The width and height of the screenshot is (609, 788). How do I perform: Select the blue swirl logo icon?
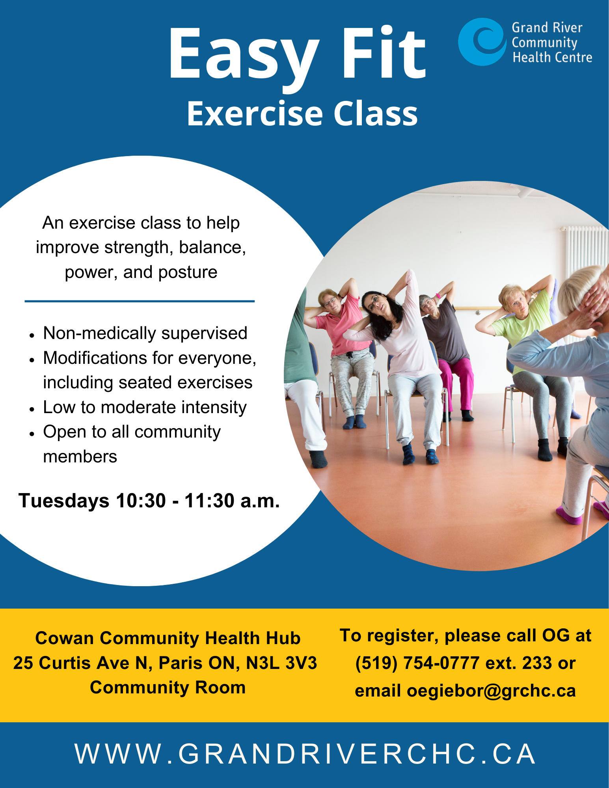[x=482, y=41]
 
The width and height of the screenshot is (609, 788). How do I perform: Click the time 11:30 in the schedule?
[x=209, y=501]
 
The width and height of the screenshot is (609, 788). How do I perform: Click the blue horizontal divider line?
[x=140, y=301]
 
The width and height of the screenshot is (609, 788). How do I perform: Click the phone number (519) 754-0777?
[x=417, y=663]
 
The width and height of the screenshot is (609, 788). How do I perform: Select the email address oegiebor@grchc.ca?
[x=491, y=691]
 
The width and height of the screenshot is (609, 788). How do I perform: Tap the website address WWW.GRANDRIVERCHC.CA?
[x=305, y=754]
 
